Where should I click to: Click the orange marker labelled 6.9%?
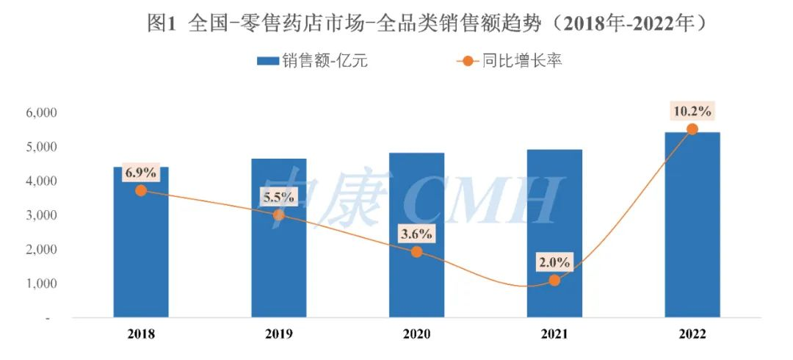[x=141, y=190]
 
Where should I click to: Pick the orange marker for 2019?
[x=279, y=215]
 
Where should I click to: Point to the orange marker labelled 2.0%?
[x=554, y=280]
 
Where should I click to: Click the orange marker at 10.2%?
[x=692, y=129]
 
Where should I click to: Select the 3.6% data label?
[x=416, y=234]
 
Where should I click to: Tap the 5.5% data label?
[x=279, y=197]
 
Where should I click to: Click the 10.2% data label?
[x=692, y=112]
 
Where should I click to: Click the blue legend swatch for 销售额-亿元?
[x=267, y=61]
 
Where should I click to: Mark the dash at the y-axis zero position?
[x=48, y=318]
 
